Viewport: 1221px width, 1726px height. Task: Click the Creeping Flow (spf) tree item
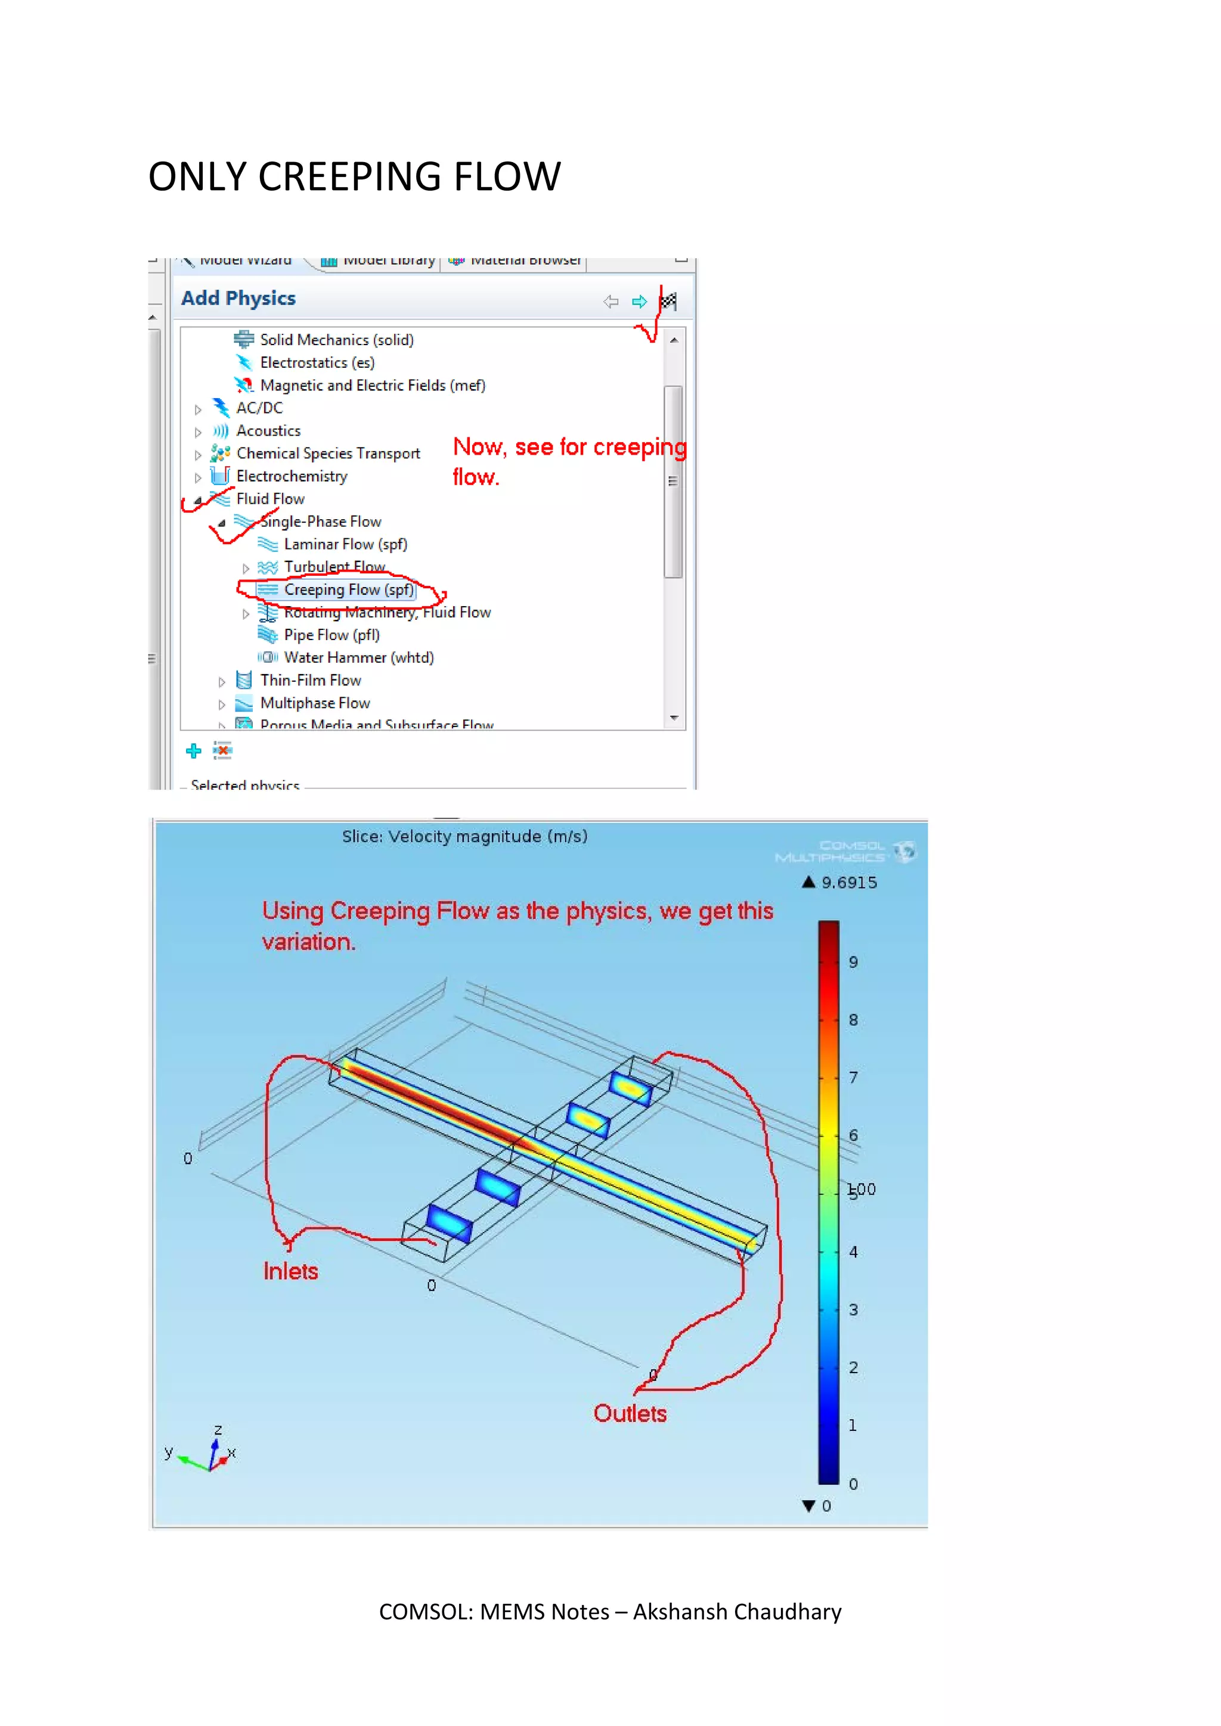[x=348, y=590]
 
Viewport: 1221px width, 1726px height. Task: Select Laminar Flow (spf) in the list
[x=345, y=544]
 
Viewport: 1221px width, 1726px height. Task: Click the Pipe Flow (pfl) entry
[x=331, y=635]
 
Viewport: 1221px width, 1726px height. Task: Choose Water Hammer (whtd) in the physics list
[x=359, y=658]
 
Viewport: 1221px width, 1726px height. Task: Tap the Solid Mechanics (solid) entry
[x=336, y=340]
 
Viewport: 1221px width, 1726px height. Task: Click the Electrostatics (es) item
[x=317, y=363]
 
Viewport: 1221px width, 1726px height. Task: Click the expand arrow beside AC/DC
[x=198, y=409]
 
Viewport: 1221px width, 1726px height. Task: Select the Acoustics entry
[x=268, y=431]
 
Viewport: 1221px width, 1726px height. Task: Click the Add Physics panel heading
[x=238, y=299]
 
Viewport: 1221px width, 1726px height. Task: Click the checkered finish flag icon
[x=668, y=302]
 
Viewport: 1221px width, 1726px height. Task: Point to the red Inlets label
[x=290, y=1271]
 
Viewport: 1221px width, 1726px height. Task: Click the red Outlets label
[x=630, y=1413]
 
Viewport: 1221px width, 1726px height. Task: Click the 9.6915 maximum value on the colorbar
[x=849, y=883]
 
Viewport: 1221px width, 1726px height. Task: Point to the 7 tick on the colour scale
[x=853, y=1077]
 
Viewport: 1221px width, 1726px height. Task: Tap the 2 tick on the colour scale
[x=853, y=1367]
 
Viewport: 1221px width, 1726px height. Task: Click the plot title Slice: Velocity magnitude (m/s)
[x=464, y=837]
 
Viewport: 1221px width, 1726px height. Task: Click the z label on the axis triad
[x=218, y=1429]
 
